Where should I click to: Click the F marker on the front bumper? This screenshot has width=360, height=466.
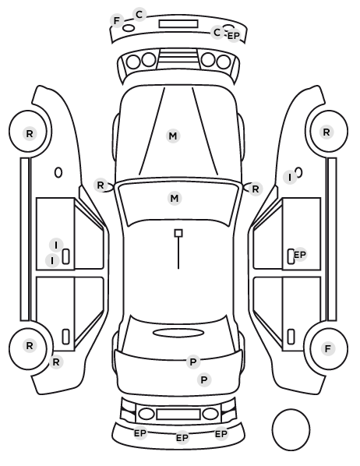click(x=117, y=21)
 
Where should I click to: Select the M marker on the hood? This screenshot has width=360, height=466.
click(x=173, y=136)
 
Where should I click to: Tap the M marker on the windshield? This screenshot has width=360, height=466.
click(x=175, y=198)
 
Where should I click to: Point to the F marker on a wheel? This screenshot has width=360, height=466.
click(x=327, y=348)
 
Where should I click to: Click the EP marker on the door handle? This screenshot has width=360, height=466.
click(x=300, y=255)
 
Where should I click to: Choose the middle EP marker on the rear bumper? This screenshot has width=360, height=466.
click(x=182, y=438)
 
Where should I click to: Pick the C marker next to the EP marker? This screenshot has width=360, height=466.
click(x=217, y=32)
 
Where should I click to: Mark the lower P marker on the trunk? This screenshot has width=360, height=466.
click(x=204, y=380)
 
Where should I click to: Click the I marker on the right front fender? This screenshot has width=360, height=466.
click(x=290, y=178)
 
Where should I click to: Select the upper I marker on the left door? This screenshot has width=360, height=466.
click(x=56, y=245)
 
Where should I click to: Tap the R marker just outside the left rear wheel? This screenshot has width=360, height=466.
click(x=56, y=362)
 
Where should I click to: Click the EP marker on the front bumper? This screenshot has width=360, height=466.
click(x=233, y=36)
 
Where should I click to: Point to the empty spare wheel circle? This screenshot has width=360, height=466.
click(x=291, y=429)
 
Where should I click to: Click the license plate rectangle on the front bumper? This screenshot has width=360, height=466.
click(x=178, y=24)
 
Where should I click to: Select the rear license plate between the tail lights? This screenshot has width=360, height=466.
click(x=178, y=414)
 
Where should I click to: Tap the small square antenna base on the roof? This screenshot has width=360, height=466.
click(x=178, y=233)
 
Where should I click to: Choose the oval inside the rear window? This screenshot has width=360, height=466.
click(x=178, y=333)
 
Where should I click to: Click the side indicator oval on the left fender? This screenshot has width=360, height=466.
click(x=58, y=173)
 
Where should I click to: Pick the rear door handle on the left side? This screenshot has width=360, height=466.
click(x=65, y=337)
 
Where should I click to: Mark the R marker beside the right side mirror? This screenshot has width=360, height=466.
click(x=256, y=189)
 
